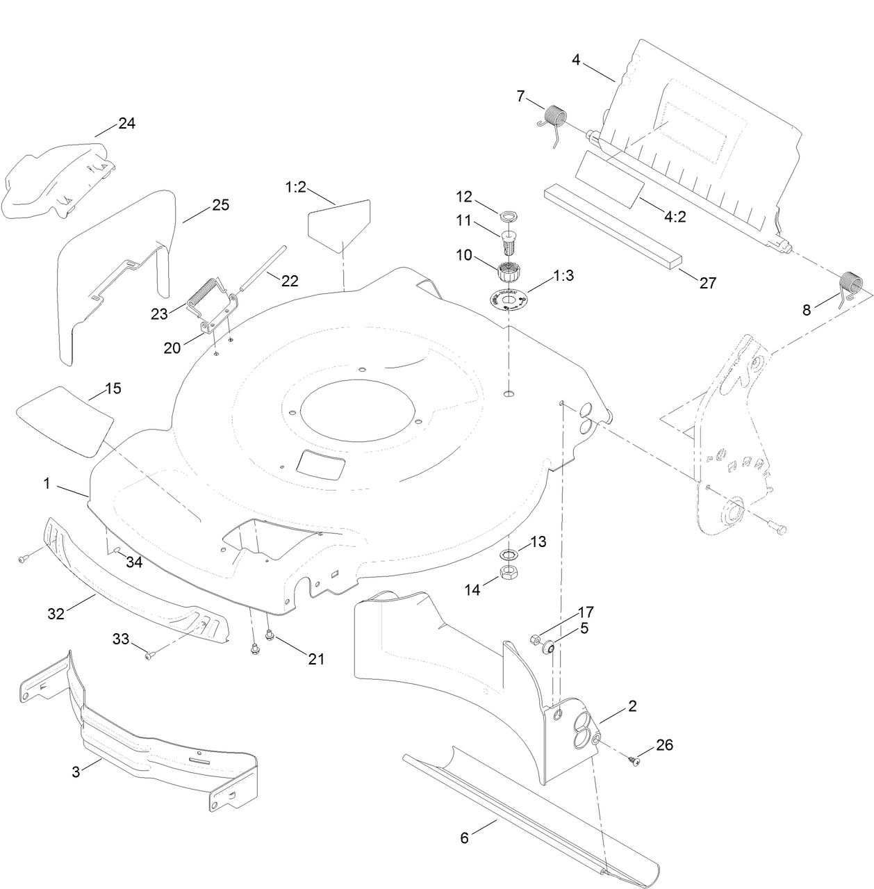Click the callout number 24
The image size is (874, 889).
[126, 124]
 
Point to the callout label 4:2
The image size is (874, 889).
[675, 217]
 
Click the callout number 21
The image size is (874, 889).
[316, 659]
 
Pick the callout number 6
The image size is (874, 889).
[464, 838]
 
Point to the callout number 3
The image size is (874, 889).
[76, 770]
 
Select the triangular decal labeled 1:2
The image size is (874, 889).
[340, 223]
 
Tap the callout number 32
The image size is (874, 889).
[56, 613]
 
